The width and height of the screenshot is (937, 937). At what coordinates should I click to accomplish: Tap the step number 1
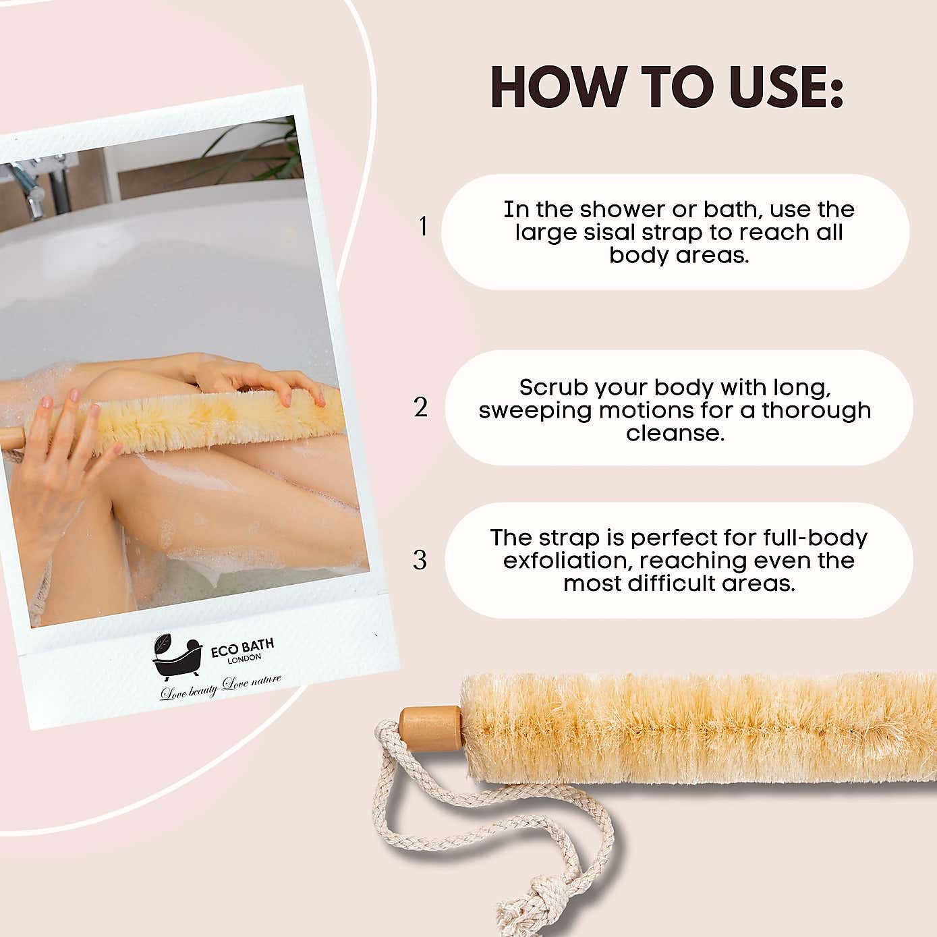click(423, 226)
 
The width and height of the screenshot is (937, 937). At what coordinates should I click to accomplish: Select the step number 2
click(421, 407)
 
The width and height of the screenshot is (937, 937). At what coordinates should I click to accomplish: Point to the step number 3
click(420, 560)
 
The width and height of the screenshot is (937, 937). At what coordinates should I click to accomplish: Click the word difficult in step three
click(671, 583)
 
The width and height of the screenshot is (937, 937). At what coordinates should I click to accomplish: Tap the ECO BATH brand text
click(242, 648)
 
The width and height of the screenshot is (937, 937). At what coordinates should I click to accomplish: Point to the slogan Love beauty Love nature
click(221, 686)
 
